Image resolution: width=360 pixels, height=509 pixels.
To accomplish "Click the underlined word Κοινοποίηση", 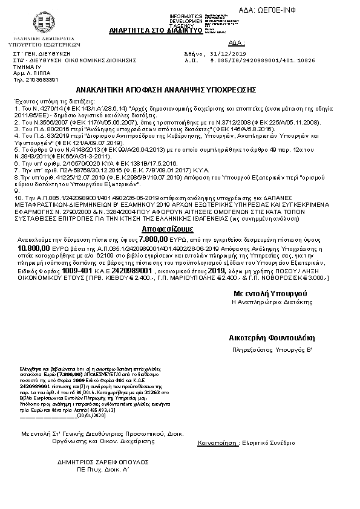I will pos(217,443).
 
